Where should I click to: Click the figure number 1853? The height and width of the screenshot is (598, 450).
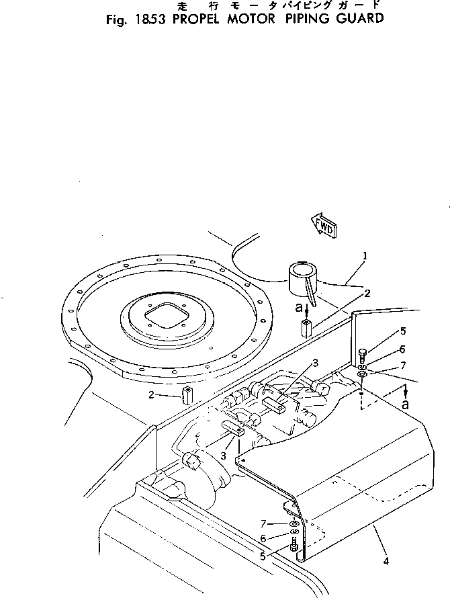coord(152,19)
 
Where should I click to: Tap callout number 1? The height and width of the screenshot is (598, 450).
coord(364,255)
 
